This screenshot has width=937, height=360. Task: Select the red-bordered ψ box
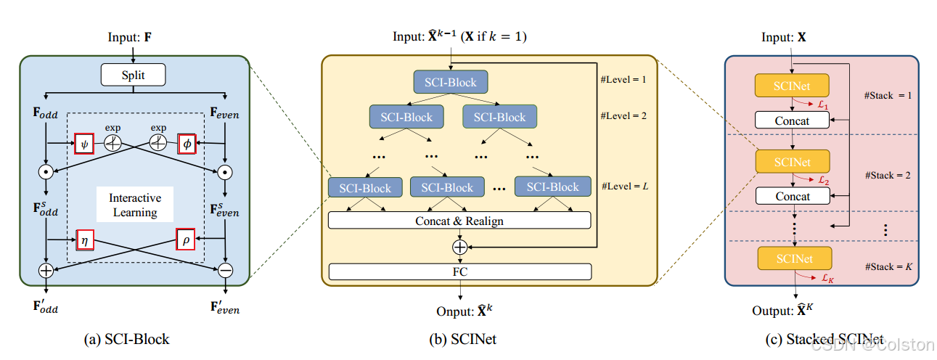[x=83, y=144]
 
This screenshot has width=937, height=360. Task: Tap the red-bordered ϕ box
[x=187, y=144]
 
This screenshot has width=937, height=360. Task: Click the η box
[x=83, y=239]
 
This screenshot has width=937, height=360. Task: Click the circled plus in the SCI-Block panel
[x=46, y=270]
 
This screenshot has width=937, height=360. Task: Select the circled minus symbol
[x=225, y=270]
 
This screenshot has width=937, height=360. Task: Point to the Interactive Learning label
[x=135, y=205]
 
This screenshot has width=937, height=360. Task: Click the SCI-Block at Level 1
[x=451, y=82]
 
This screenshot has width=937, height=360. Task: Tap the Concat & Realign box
[x=459, y=221]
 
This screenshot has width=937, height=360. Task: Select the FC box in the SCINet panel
[x=459, y=272]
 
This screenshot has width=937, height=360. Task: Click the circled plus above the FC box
[x=459, y=247]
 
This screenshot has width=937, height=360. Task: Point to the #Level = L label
[x=625, y=187]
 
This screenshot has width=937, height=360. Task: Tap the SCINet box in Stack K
[x=793, y=258]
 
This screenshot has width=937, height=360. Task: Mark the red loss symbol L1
[x=822, y=106]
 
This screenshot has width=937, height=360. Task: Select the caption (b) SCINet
[x=463, y=339]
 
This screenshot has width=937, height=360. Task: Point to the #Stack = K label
[x=889, y=267]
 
